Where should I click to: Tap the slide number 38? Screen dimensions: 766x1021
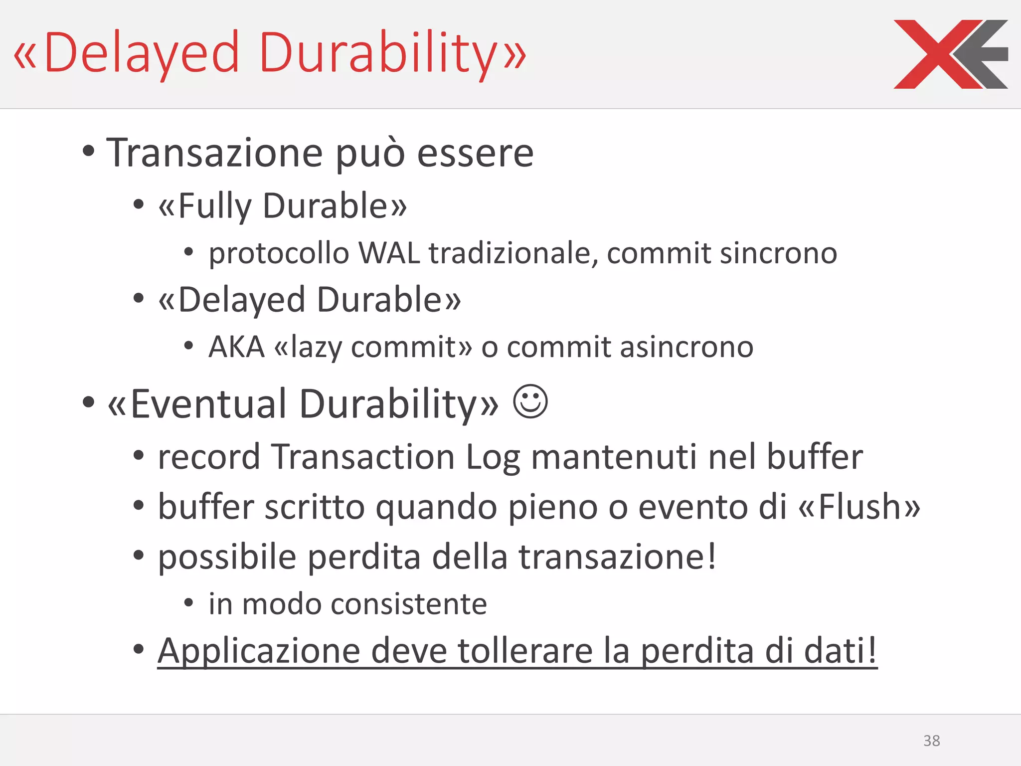[931, 741]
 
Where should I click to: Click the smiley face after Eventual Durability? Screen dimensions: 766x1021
[530, 401]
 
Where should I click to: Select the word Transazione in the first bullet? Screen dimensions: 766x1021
[214, 153]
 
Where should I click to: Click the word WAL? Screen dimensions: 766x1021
[389, 253]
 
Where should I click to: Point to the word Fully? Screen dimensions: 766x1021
[215, 205]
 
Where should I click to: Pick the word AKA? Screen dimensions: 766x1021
[236, 347]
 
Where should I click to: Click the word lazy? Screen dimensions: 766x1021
[316, 348]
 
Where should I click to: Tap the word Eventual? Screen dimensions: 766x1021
[209, 403]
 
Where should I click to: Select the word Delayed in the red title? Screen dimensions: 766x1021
[143, 53]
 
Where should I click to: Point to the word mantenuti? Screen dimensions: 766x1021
[614, 457]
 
